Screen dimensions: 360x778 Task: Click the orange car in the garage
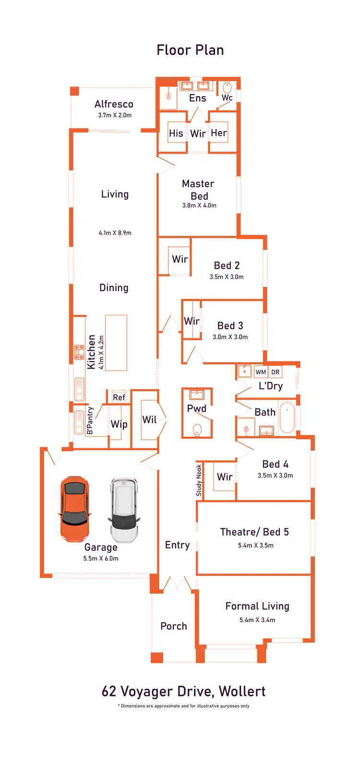coord(75,509)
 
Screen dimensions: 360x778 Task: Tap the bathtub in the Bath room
coord(287,418)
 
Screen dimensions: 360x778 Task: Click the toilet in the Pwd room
coord(197,430)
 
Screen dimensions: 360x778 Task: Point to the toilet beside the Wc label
coord(228,87)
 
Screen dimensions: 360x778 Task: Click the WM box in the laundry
coord(261,372)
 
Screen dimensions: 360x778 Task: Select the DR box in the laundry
coord(275,372)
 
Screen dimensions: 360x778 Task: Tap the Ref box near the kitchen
coord(119,397)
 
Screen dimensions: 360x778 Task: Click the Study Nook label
coord(199,480)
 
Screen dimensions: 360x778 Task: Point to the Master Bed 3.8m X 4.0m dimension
coord(199,205)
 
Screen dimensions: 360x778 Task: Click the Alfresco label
coord(114,104)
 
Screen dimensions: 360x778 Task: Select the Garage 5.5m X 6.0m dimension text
coord(101,558)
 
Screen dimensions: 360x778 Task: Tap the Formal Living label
coord(257,606)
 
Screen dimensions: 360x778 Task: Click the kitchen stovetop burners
coord(79,352)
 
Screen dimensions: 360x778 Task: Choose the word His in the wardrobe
coord(176,133)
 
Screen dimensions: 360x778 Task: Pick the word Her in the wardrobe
coord(219,133)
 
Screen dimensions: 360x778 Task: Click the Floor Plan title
coord(190,50)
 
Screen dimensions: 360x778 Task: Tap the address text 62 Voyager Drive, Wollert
coord(183,691)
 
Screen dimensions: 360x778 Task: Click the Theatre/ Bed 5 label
coord(254,532)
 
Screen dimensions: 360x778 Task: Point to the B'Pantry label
coord(90,421)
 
